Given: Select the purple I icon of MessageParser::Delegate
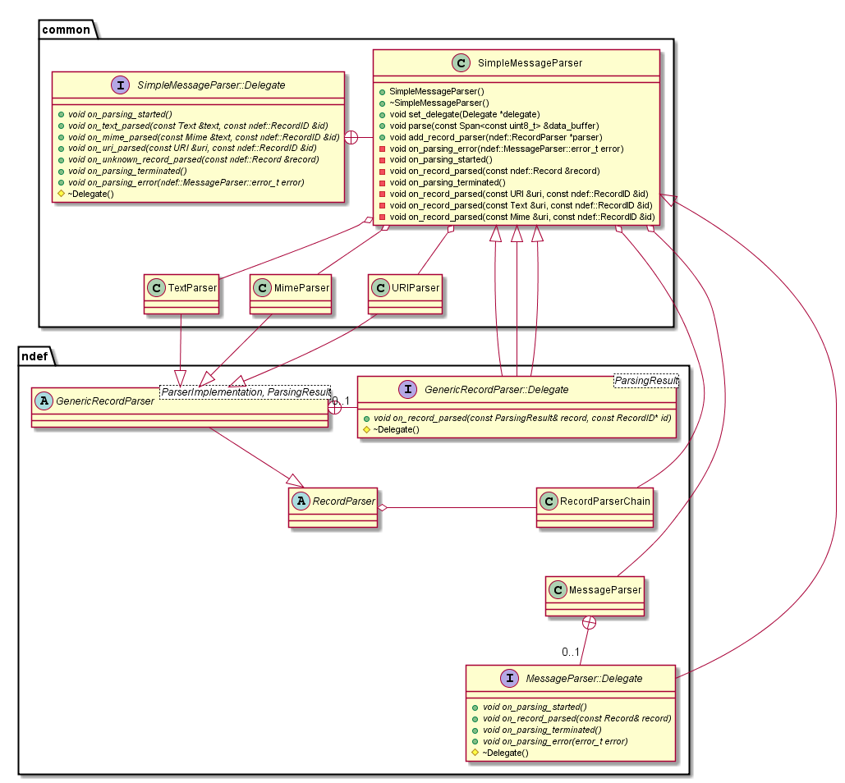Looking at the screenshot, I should point(510,679).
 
